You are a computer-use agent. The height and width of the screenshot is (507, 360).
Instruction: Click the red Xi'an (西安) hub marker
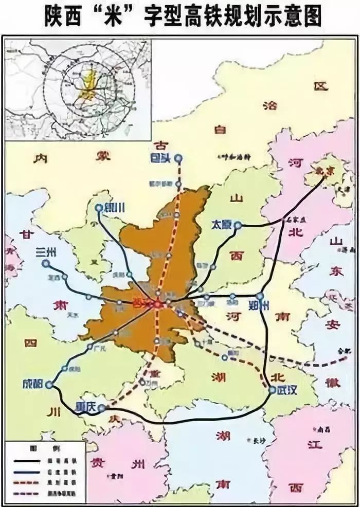(x=157, y=304)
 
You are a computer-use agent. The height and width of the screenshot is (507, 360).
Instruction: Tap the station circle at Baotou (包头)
(x=178, y=159)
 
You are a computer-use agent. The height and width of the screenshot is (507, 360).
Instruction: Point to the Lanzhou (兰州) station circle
(x=46, y=263)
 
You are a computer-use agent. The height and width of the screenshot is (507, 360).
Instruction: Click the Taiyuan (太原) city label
(x=222, y=225)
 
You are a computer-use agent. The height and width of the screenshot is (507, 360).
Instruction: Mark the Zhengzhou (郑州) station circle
(x=260, y=296)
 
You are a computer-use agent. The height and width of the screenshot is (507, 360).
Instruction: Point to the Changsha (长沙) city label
(x=256, y=441)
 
